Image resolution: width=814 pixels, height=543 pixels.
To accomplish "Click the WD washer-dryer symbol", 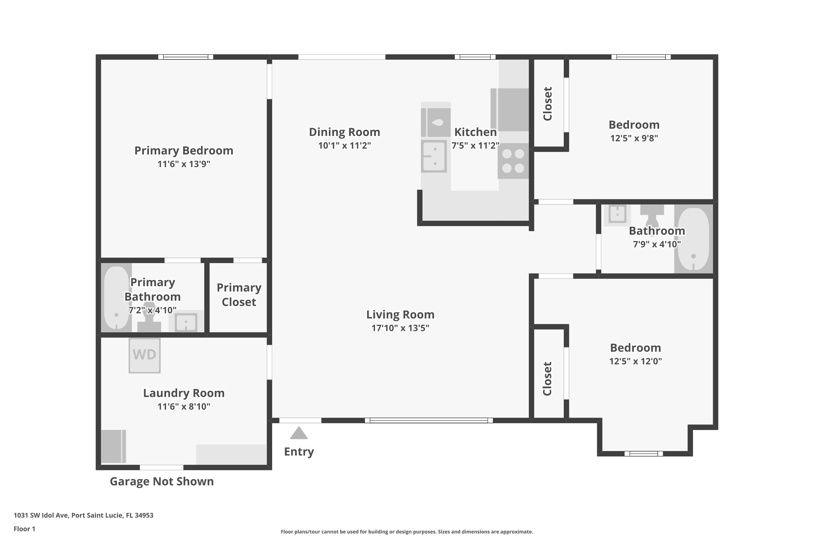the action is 144,355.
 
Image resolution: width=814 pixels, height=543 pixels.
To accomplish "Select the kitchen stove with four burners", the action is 513,161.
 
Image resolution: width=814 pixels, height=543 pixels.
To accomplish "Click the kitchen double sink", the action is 434,156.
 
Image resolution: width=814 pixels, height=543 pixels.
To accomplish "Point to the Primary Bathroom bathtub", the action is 117,298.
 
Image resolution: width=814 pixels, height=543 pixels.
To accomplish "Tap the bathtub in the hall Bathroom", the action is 693,239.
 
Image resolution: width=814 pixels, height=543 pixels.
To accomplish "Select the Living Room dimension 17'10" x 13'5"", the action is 400,328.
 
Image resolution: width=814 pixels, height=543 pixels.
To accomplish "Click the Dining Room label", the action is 344,132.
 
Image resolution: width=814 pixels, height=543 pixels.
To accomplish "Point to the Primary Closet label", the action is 239,295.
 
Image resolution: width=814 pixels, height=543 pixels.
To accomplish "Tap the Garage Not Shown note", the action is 162,481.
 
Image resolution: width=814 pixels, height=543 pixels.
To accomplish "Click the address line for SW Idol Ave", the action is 83,515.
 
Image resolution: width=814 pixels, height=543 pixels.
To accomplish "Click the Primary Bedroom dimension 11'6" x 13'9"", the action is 184,164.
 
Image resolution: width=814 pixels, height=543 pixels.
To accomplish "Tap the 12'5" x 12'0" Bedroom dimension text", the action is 635,361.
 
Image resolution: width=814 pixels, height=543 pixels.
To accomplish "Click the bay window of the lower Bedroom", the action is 644,454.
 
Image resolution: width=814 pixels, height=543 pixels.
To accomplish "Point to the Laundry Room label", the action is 184,393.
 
